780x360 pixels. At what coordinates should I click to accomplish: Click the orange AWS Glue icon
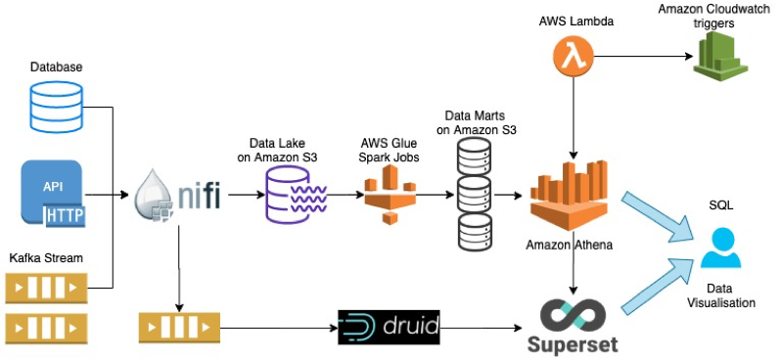pyautogui.click(x=390, y=196)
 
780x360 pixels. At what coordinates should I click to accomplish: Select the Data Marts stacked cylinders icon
pyautogui.click(x=475, y=193)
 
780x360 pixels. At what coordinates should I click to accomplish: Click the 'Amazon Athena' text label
pyautogui.click(x=569, y=245)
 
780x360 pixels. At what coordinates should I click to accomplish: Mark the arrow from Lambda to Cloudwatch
pyautogui.click(x=641, y=56)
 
